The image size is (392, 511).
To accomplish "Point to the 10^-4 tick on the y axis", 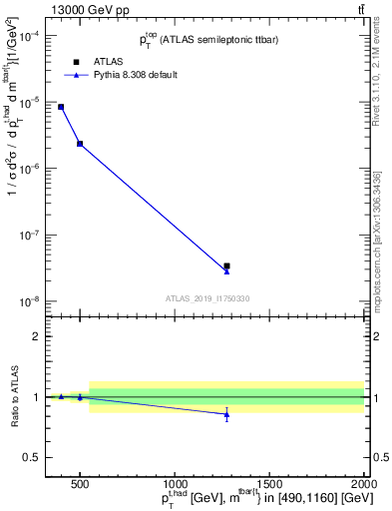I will point(29,36).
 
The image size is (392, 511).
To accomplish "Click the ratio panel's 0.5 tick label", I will point(32,457).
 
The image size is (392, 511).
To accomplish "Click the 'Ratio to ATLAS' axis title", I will point(13,396).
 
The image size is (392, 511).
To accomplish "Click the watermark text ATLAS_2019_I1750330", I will point(207,298).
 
